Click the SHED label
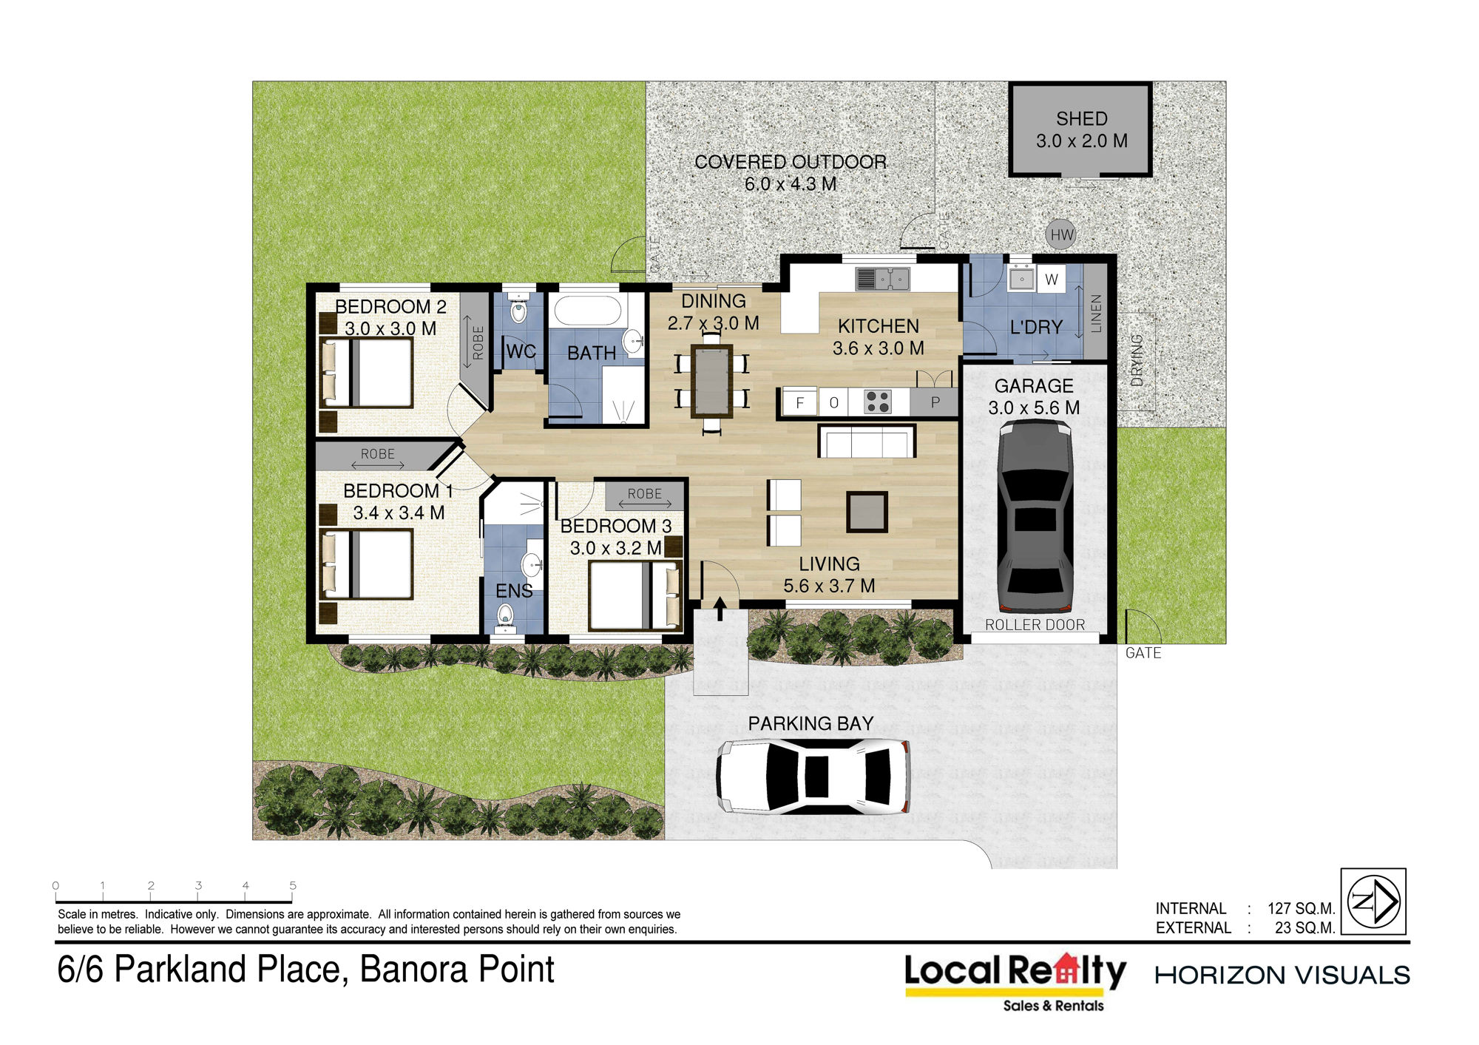(x=1081, y=118)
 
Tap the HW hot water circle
(x=1061, y=235)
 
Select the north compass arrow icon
(x=1373, y=901)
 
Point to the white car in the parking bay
(x=813, y=777)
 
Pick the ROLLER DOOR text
(x=1035, y=625)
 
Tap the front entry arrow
(x=720, y=609)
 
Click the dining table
(x=711, y=381)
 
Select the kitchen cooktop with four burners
(x=878, y=402)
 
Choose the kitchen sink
(x=883, y=279)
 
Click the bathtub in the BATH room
(x=588, y=311)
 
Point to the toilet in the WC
(x=518, y=310)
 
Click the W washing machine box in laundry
(x=1051, y=280)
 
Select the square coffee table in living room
(x=867, y=512)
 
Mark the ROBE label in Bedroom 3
(x=645, y=493)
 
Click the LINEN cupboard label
(x=1096, y=313)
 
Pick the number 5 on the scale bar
(x=293, y=885)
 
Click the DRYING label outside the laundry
(x=1137, y=360)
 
